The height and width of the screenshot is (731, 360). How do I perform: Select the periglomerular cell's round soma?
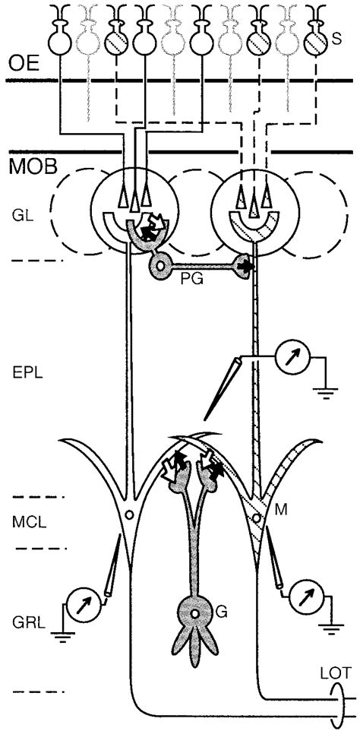160,267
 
